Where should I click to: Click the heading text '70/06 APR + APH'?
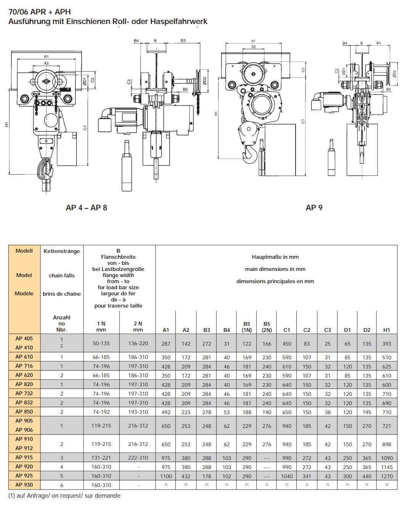40,12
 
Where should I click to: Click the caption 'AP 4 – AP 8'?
86,208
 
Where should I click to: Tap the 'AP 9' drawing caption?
314,208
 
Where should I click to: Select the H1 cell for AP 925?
386,476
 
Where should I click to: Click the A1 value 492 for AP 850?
166,412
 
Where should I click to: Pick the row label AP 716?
24,366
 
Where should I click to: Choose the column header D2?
366,330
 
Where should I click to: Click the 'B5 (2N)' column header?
267,327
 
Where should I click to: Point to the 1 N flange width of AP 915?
101,458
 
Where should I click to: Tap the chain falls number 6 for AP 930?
61,485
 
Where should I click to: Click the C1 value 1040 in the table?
287,476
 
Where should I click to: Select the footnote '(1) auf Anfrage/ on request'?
64,495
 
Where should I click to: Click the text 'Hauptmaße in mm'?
275,257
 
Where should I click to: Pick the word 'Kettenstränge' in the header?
61,251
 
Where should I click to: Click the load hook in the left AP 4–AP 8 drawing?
45,170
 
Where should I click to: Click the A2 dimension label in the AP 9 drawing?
254,47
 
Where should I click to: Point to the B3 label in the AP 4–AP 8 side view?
183,40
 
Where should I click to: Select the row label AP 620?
24,375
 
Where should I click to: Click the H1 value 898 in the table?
386,444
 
